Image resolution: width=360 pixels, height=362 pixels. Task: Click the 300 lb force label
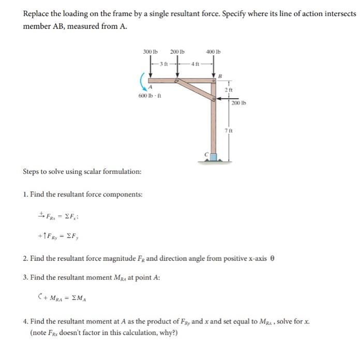[x=150, y=52]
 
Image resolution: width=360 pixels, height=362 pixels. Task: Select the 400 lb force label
[x=213, y=52]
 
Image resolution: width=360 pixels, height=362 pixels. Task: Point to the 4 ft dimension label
[x=194, y=64]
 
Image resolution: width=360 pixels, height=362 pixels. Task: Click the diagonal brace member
[x=196, y=89]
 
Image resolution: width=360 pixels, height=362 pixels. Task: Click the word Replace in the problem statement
[x=36, y=13]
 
